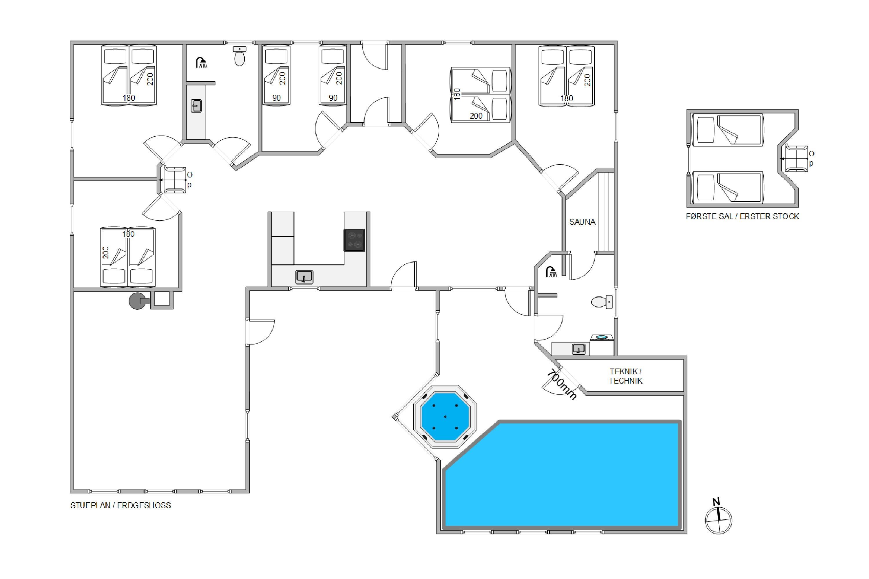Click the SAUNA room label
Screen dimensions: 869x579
pyautogui.click(x=582, y=222)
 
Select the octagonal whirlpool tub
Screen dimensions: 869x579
pyautogui.click(x=445, y=417)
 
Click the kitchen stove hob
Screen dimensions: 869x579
pyautogui.click(x=354, y=240)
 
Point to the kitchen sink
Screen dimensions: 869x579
pyautogui.click(x=304, y=276)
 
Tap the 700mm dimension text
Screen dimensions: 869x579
pyautogui.click(x=561, y=384)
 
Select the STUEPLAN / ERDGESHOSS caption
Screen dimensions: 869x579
pyautogui.click(x=121, y=505)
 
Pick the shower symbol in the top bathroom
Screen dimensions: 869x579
pyautogui.click(x=201, y=63)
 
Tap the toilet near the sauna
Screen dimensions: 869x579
pyautogui.click(x=602, y=302)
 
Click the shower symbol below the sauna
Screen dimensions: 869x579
pyautogui.click(x=552, y=272)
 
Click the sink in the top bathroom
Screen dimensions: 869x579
pyautogui.click(x=197, y=106)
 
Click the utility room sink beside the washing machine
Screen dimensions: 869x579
pyautogui.click(x=578, y=349)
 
